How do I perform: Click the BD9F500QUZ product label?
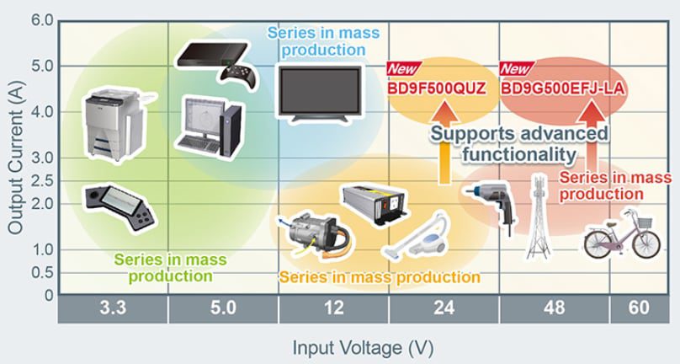(437, 87)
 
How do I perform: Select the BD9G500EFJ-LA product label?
(555, 87)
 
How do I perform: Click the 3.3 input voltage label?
(112, 309)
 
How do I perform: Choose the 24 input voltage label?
(444, 309)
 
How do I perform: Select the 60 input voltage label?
(639, 309)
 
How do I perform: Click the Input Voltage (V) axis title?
(363, 346)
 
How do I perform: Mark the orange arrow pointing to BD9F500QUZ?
(444, 152)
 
